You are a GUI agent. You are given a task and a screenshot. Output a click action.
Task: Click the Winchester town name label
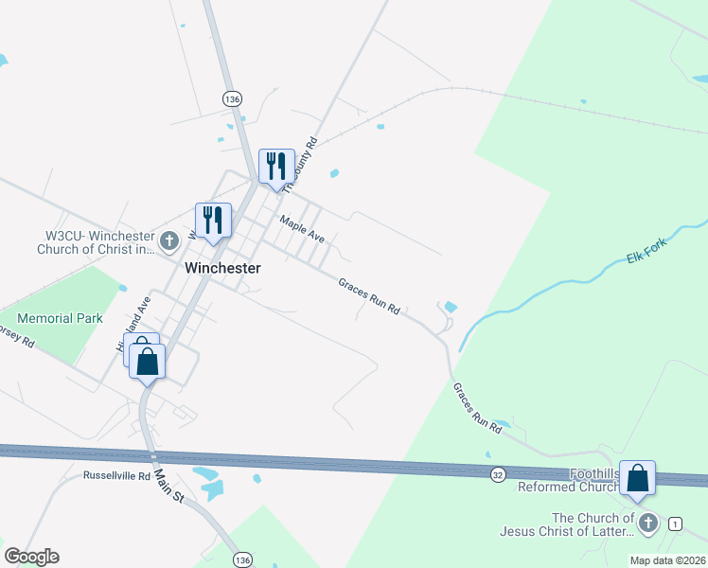tap(222, 268)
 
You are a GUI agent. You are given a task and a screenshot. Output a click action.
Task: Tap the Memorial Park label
tap(60, 319)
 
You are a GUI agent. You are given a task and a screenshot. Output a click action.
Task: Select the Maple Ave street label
tap(302, 228)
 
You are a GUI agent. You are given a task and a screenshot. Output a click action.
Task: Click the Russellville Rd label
tap(116, 475)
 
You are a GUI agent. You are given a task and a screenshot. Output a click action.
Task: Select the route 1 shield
tap(675, 524)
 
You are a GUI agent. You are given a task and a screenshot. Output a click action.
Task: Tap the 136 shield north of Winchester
tap(232, 98)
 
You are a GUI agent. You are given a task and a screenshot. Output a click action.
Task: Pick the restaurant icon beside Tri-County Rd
tap(276, 166)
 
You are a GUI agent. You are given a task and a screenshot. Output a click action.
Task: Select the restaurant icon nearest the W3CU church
tap(213, 221)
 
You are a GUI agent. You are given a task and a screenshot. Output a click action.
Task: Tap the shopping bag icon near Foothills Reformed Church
tap(637, 478)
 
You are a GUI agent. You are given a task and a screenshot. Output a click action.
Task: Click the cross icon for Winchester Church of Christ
tap(169, 240)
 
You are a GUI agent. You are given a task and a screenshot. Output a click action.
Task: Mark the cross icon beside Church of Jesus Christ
tap(647, 523)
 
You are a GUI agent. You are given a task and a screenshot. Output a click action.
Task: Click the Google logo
tap(31, 557)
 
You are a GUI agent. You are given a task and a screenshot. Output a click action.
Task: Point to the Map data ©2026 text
tap(667, 559)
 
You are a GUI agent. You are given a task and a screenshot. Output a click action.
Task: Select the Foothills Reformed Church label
tap(570, 480)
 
